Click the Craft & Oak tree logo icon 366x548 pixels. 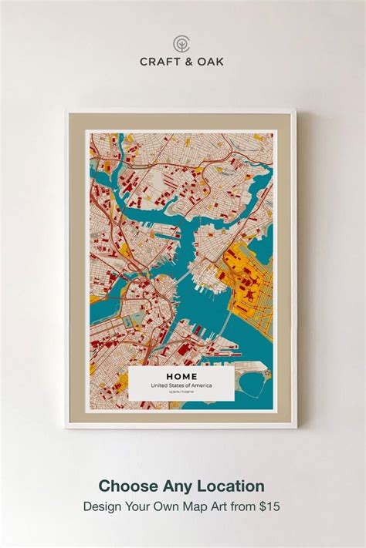pos(181,42)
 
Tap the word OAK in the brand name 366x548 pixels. pos(211,61)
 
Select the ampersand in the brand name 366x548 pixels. pos(188,61)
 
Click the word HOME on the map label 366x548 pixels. pos(181,376)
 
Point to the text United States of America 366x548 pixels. pos(181,385)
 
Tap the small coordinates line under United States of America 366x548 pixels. pos(181,392)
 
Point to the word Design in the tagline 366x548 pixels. pos(103,506)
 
